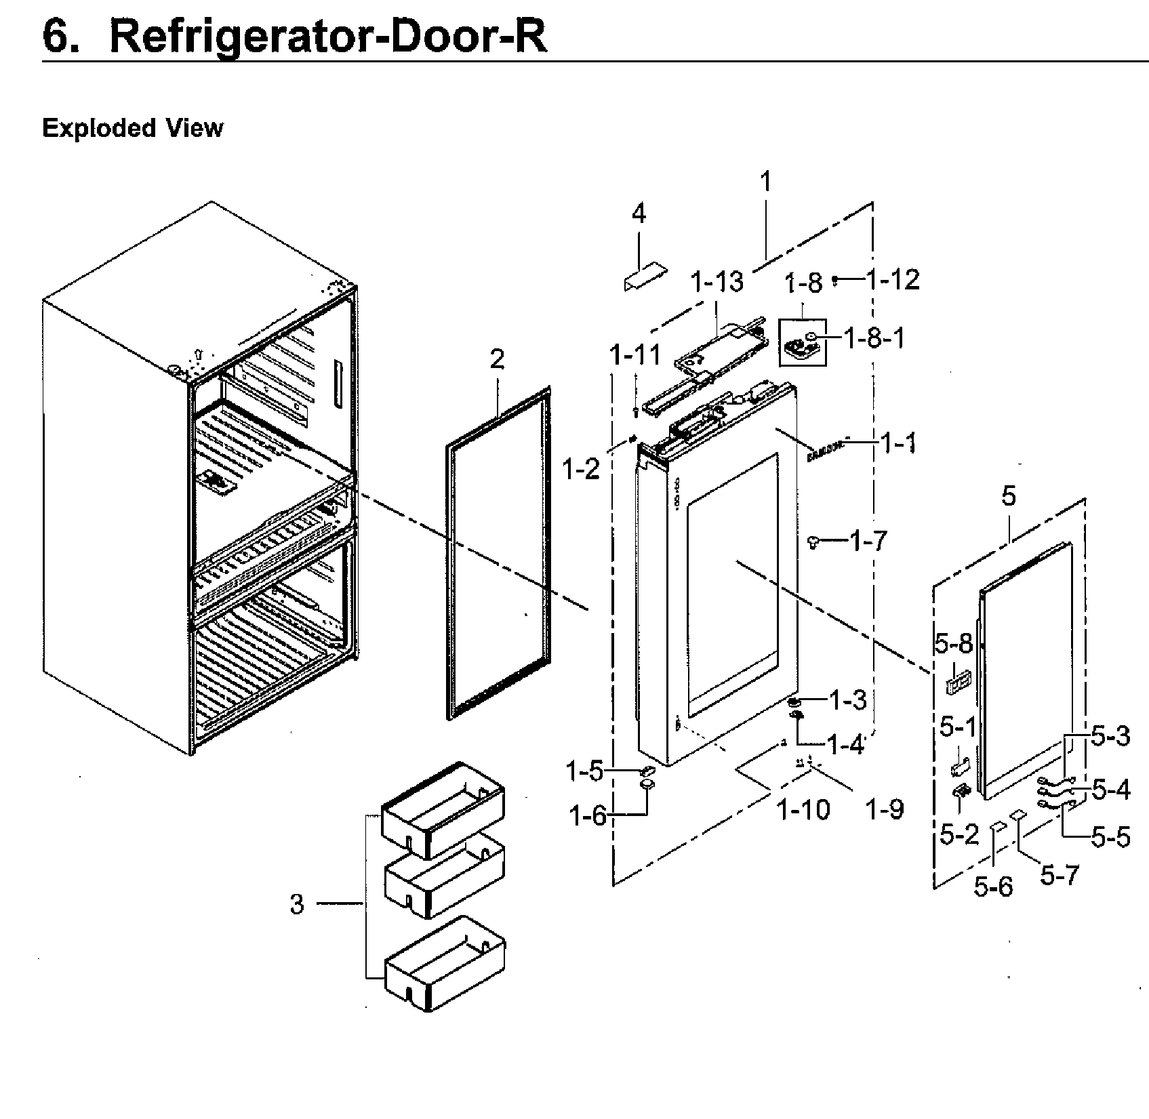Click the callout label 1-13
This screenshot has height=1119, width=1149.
click(717, 281)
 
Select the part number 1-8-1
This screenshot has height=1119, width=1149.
click(874, 338)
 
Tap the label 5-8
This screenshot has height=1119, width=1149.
click(953, 644)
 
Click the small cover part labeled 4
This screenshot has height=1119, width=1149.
click(645, 277)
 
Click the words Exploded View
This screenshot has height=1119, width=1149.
click(132, 127)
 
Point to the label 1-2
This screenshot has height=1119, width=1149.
click(582, 468)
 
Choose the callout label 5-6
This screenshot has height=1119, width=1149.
click(993, 886)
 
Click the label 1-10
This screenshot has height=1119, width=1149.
click(803, 809)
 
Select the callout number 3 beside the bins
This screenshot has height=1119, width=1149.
click(297, 903)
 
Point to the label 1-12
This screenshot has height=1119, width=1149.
click(893, 279)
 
